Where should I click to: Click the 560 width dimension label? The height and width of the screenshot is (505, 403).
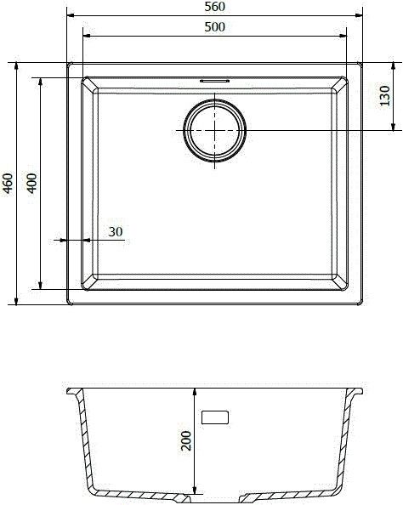click(214, 7)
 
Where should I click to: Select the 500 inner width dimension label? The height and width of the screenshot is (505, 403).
click(214, 26)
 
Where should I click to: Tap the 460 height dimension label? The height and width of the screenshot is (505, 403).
click(8, 183)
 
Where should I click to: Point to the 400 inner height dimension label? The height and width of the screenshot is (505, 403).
click(31, 183)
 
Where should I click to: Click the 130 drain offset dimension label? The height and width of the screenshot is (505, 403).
click(384, 95)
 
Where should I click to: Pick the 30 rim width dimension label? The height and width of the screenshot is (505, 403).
click(116, 231)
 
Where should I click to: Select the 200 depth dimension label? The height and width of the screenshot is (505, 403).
click(187, 440)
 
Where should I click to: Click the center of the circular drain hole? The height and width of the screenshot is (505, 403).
click(216, 129)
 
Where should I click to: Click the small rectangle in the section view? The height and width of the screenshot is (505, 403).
click(216, 417)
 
